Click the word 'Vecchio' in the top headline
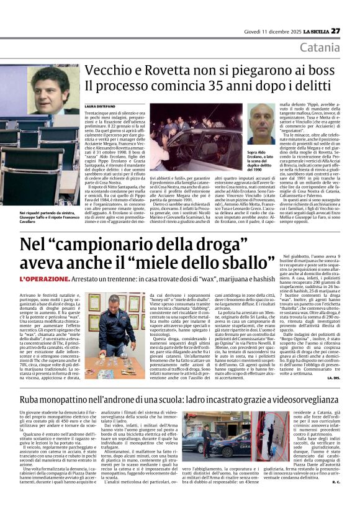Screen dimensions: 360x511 coord(107,71)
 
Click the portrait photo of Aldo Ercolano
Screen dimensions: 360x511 coord(261,122)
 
